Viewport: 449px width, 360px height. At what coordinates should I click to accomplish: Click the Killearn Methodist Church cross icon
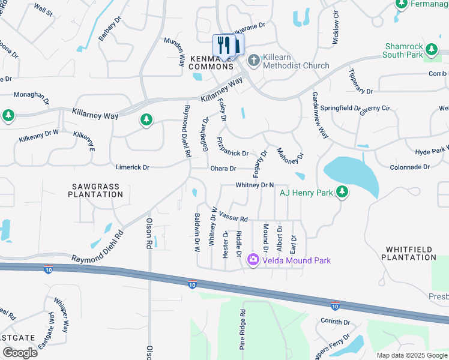pyautogui.click(x=253, y=60)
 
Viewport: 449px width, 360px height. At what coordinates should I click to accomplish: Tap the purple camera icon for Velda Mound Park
pyautogui.click(x=253, y=260)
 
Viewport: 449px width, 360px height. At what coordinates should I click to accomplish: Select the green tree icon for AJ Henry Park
pyautogui.click(x=342, y=192)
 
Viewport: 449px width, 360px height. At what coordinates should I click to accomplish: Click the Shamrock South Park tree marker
pyautogui.click(x=431, y=48)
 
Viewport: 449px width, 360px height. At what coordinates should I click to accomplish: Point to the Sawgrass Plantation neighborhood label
pyautogui.click(x=95, y=191)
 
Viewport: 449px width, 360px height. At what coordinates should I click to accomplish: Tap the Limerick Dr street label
pyautogui.click(x=130, y=167)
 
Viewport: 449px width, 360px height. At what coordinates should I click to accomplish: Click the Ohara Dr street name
pyautogui.click(x=223, y=169)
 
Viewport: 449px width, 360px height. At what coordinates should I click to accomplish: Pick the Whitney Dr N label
pyautogui.click(x=255, y=185)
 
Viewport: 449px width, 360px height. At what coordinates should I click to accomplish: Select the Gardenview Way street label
pyautogui.click(x=320, y=115)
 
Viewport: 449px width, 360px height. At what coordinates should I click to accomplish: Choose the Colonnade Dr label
pyautogui.click(x=410, y=167)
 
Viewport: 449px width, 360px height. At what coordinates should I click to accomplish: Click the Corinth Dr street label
pyautogui.click(x=335, y=322)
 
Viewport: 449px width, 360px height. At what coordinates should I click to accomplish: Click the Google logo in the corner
pyautogui.click(x=19, y=353)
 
